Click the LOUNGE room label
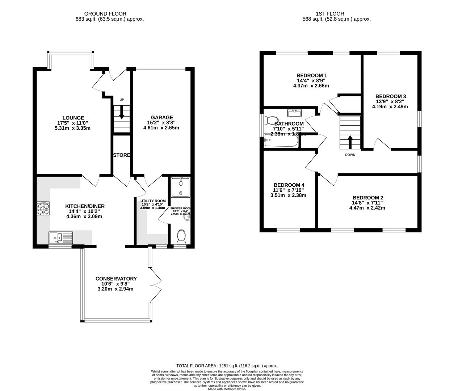(x=73, y=118)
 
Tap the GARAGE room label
(x=162, y=117)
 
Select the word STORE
(x=122, y=155)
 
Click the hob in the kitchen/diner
(x=43, y=209)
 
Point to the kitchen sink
(x=61, y=238)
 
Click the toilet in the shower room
(x=181, y=237)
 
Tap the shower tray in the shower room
(x=181, y=187)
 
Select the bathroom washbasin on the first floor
(x=294, y=113)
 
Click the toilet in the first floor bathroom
(x=271, y=120)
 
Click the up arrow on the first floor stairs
(x=350, y=142)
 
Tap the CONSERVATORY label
(x=116, y=278)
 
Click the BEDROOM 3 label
(x=391, y=96)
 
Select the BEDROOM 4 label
(x=289, y=185)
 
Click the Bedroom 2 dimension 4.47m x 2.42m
(x=367, y=208)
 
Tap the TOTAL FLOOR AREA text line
(x=227, y=366)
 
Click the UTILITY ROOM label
(x=153, y=201)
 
